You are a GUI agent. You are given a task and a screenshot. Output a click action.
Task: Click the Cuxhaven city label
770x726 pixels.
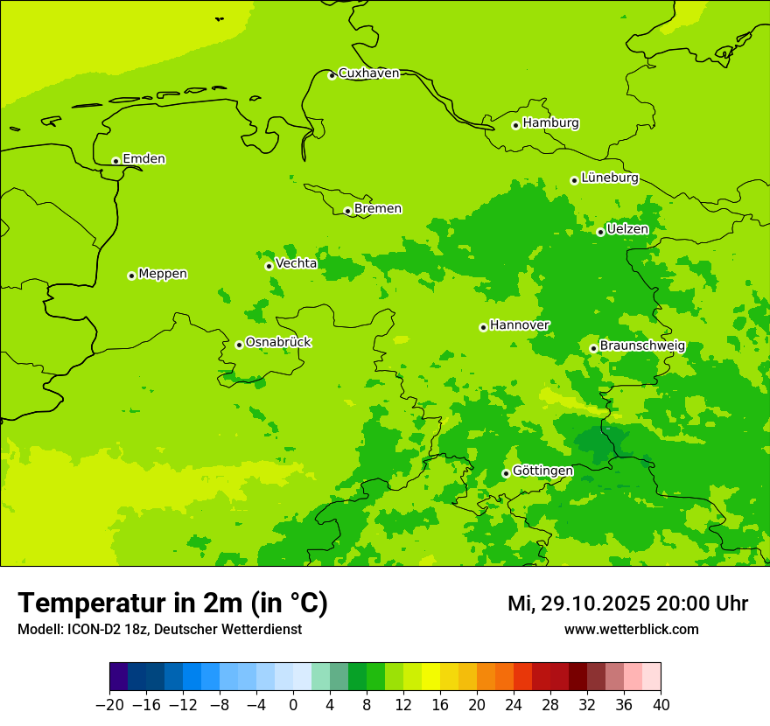pyautogui.click(x=368, y=73)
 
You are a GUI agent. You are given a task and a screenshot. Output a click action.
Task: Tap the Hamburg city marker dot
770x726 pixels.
pyautogui.click(x=515, y=125)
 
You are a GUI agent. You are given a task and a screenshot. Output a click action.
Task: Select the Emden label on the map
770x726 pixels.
pyautogui.click(x=143, y=159)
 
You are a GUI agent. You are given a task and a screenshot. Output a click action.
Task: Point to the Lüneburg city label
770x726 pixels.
pyautogui.click(x=609, y=178)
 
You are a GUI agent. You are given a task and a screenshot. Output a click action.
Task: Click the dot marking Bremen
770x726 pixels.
pyautogui.click(x=347, y=211)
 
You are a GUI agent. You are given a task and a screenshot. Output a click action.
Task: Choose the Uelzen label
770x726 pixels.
pyautogui.click(x=627, y=230)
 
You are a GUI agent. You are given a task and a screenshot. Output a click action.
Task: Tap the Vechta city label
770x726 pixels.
pyautogui.click(x=296, y=263)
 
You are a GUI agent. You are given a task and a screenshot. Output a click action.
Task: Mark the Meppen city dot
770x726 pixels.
pyautogui.click(x=131, y=276)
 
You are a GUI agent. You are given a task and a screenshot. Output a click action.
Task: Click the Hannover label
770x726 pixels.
pyautogui.click(x=519, y=325)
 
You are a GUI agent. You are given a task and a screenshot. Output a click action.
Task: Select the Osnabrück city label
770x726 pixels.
pyautogui.click(x=278, y=343)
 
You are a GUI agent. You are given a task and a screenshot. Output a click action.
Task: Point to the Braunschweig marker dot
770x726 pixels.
pyautogui.click(x=593, y=348)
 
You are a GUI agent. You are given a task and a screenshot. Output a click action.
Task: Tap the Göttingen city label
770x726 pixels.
pyautogui.click(x=542, y=471)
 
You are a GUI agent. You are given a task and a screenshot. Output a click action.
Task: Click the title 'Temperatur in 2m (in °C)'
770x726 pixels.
pyautogui.click(x=172, y=604)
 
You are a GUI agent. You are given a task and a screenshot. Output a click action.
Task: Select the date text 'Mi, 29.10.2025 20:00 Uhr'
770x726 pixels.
pyautogui.click(x=627, y=604)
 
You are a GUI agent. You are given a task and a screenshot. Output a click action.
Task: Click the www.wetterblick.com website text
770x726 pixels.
pyautogui.click(x=631, y=630)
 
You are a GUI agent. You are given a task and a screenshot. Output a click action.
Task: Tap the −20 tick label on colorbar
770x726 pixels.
pyautogui.click(x=109, y=705)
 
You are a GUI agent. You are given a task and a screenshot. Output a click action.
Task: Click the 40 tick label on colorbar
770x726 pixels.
pyautogui.click(x=661, y=705)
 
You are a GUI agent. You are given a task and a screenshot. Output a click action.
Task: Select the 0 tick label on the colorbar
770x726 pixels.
pyautogui.click(x=293, y=705)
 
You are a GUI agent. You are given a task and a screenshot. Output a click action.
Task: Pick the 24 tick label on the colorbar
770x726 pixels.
pyautogui.click(x=514, y=705)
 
